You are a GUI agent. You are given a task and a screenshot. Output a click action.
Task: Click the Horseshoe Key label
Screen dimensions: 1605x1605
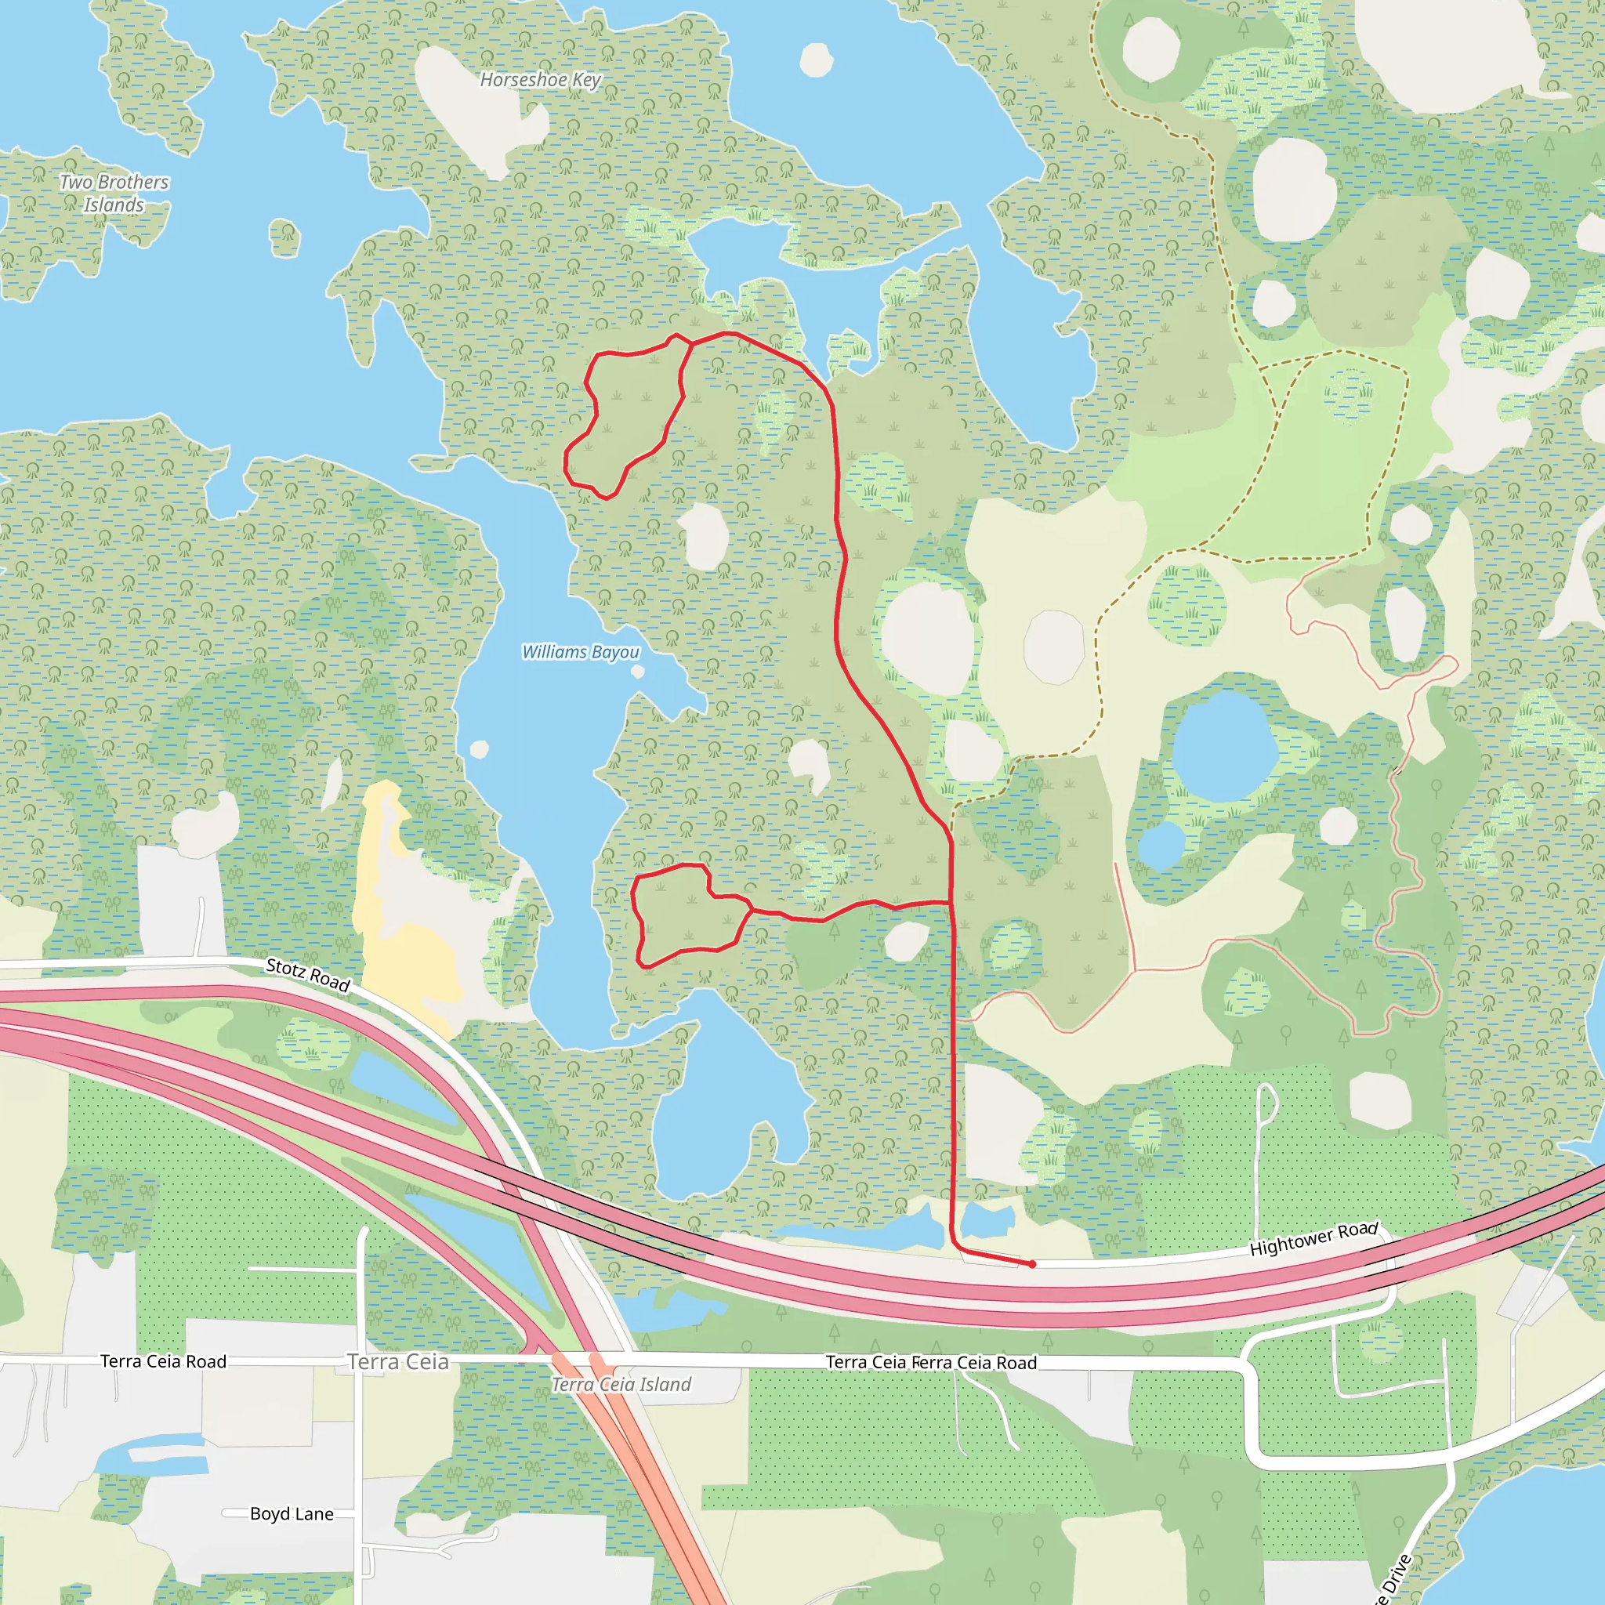click(x=540, y=80)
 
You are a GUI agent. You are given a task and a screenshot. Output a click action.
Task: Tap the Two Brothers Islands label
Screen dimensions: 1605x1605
click(x=114, y=193)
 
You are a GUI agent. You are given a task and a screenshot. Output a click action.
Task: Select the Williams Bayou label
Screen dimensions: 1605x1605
click(x=581, y=652)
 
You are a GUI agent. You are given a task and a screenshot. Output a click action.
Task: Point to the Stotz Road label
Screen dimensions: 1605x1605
click(x=308, y=974)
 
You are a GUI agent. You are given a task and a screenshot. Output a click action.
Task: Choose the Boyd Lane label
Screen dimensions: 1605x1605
click(x=292, y=1513)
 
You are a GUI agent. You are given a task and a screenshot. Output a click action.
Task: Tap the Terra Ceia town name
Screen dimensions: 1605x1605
click(x=398, y=1361)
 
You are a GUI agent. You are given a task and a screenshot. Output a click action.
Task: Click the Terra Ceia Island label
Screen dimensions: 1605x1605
click(x=621, y=1384)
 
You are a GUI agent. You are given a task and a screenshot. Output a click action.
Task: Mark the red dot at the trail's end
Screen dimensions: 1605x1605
click(x=1033, y=1264)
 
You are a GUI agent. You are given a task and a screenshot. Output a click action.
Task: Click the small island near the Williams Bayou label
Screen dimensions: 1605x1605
click(x=638, y=672)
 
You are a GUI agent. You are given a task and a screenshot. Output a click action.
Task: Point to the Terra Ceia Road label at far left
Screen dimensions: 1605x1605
click(x=163, y=1360)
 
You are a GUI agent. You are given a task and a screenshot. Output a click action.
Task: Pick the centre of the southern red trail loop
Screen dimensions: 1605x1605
click(x=686, y=914)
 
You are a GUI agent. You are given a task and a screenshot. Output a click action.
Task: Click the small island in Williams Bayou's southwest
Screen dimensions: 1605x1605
click(x=480, y=749)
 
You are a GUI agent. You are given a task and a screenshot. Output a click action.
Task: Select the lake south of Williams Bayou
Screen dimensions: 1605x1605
click(x=723, y=1105)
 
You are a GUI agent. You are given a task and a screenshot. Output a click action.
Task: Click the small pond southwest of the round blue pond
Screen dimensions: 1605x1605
click(x=1161, y=846)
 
